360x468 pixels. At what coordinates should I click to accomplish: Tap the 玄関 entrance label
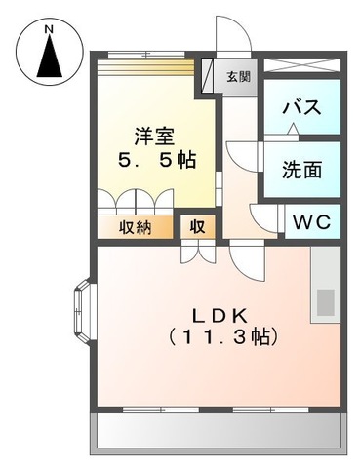[x=238, y=77]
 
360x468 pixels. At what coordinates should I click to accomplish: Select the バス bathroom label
[x=301, y=108]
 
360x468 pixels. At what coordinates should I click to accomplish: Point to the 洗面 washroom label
[x=301, y=168]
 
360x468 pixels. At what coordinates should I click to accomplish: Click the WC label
[x=312, y=221]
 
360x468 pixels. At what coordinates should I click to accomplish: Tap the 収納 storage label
[x=135, y=227]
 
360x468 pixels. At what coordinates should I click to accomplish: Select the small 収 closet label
[x=197, y=227]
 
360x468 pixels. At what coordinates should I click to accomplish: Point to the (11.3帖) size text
[x=222, y=338]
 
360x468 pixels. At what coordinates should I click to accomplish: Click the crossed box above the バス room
[x=302, y=66]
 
